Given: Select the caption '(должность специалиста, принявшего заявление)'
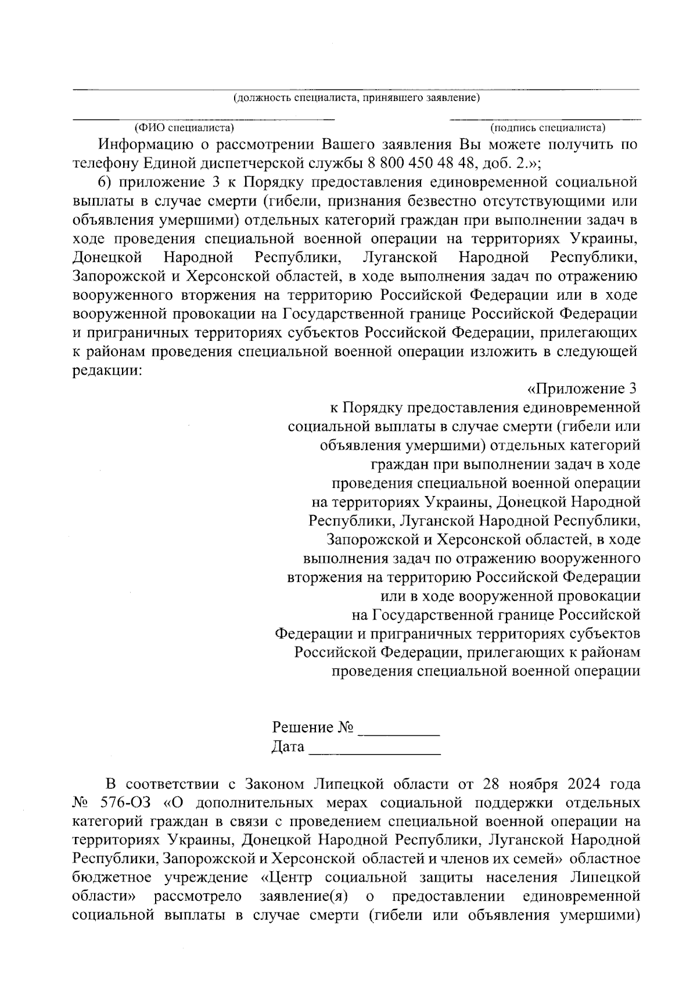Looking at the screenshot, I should [x=356, y=98].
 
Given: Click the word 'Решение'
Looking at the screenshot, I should [x=303, y=728].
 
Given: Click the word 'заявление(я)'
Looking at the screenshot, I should [x=303, y=896].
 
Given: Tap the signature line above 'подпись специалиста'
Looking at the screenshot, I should [x=546, y=119].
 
